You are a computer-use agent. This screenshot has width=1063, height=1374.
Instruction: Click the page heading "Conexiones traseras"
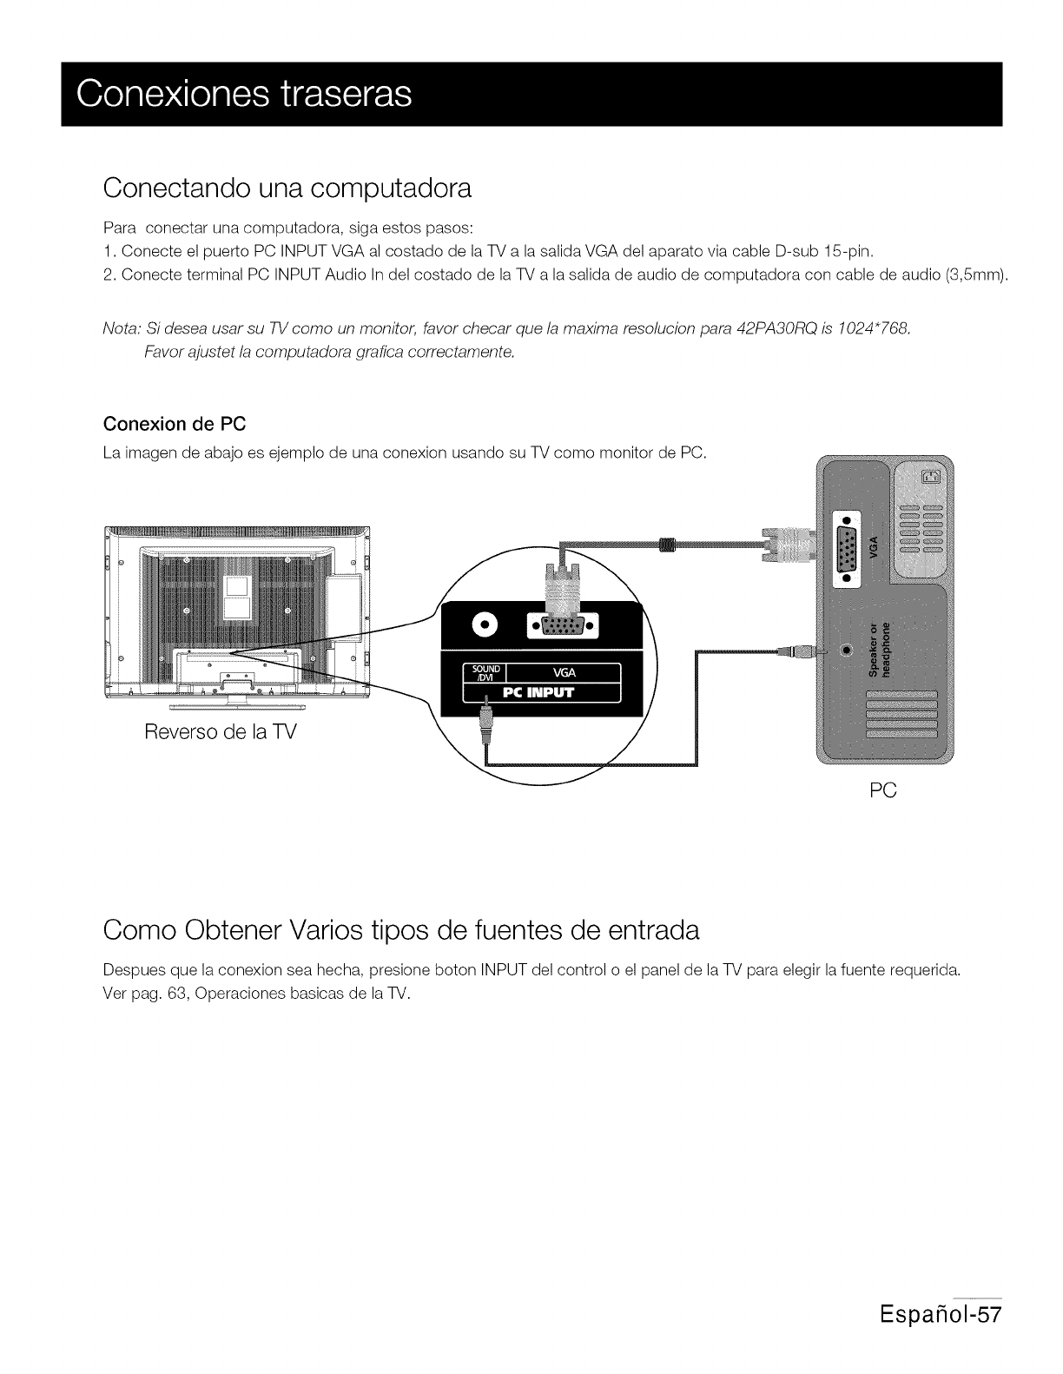(x=244, y=94)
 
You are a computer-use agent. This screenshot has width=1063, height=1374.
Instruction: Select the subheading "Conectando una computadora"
(x=287, y=188)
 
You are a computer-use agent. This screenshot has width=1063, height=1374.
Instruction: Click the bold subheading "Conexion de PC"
(x=175, y=425)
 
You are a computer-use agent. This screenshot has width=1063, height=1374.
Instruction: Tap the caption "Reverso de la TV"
(x=221, y=731)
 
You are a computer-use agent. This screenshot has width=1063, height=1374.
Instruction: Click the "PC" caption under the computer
(x=882, y=790)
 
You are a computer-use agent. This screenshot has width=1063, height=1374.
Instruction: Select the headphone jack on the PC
(x=846, y=650)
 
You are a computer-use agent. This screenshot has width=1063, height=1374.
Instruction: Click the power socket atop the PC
(x=930, y=475)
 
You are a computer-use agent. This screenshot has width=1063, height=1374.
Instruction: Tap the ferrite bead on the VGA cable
(x=668, y=545)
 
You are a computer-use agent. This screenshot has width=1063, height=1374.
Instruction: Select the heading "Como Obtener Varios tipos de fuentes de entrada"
(x=400, y=931)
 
